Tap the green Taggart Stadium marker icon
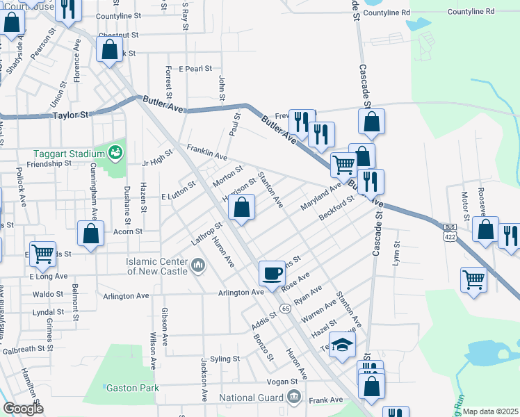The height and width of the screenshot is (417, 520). pyautogui.click(x=116, y=152)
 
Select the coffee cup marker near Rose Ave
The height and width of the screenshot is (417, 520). pyautogui.click(x=272, y=272)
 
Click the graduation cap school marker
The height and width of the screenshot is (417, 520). pyautogui.click(x=341, y=345)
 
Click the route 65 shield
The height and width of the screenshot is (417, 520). pyautogui.click(x=285, y=307)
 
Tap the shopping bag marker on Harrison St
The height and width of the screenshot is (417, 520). pyautogui.click(x=241, y=206)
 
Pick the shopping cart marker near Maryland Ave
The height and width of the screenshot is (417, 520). pyautogui.click(x=343, y=165)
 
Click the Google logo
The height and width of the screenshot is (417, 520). pyautogui.click(x=23, y=408)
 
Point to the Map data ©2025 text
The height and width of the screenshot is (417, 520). pyautogui.click(x=491, y=411)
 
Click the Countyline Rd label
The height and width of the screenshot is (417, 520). pyautogui.click(x=471, y=12)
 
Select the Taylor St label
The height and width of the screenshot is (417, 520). pyautogui.click(x=72, y=115)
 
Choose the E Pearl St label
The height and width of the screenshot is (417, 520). pyautogui.click(x=195, y=69)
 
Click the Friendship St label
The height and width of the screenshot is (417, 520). pyautogui.click(x=49, y=164)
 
